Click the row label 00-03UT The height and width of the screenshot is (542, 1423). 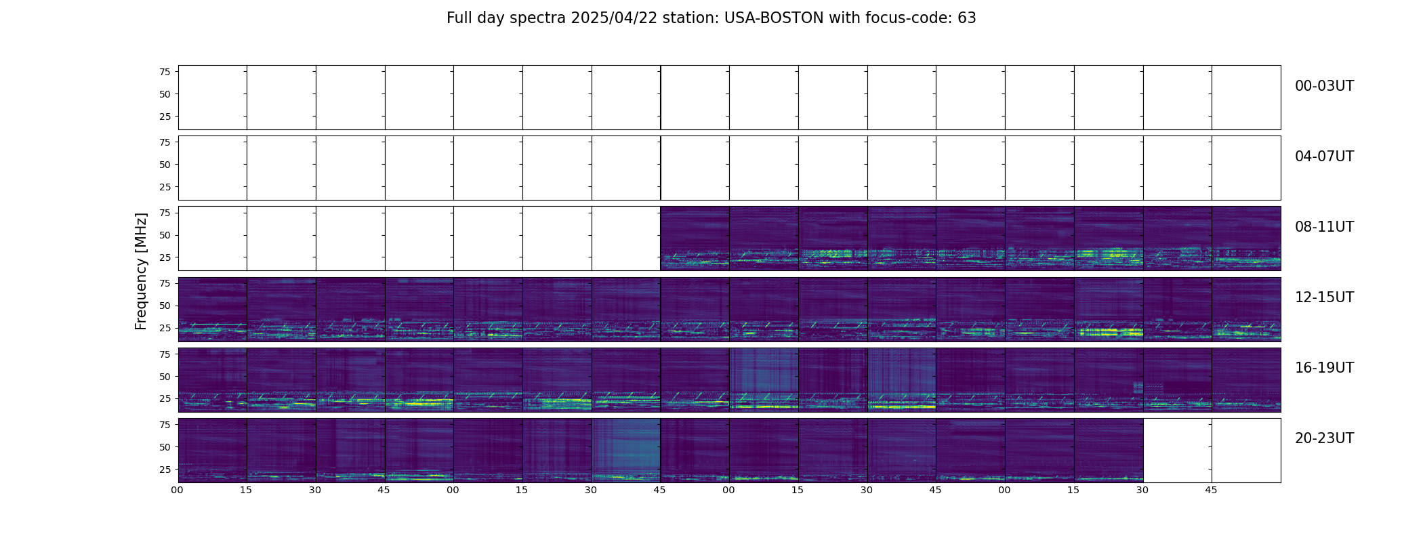pos(1324,86)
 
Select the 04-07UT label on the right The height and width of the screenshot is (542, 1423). pos(1324,157)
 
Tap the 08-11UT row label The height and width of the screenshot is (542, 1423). pos(1324,227)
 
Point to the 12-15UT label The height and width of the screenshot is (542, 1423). pos(1324,297)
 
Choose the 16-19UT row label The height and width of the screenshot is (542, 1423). pos(1324,368)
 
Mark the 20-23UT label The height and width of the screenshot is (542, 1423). pos(1324,438)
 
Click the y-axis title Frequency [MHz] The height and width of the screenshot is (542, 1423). pos(141,271)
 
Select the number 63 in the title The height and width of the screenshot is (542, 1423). pos(967,18)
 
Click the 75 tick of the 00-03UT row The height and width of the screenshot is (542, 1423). pos(165,72)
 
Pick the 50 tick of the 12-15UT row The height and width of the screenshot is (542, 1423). pos(165,306)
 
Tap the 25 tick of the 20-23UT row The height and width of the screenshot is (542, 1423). pos(165,469)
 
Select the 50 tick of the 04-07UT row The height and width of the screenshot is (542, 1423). pos(165,165)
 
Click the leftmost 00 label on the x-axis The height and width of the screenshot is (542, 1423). pos(178,490)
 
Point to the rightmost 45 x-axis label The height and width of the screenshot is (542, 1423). pos(1211,490)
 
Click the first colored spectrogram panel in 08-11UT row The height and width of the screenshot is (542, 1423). pos(695,238)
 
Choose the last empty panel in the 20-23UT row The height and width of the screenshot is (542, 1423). pos(1246,450)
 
